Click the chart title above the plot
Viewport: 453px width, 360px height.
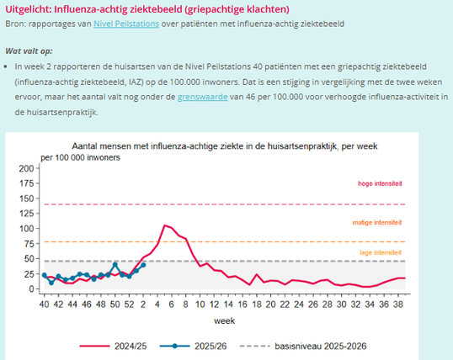tap(225, 146)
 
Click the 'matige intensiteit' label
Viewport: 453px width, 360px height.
tap(378, 222)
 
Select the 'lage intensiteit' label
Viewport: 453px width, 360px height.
tap(381, 252)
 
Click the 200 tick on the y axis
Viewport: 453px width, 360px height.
tap(25, 168)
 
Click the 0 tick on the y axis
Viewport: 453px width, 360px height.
tap(31, 289)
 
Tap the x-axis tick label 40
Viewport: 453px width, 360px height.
tap(45, 304)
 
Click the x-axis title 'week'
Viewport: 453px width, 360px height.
tap(224, 321)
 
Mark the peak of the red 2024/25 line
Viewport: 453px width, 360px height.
tap(165, 225)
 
